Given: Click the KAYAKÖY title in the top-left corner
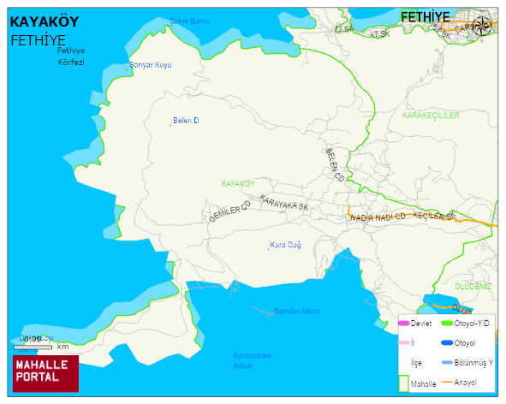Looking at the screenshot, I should click(49, 22).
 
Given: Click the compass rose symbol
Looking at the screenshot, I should click(482, 26).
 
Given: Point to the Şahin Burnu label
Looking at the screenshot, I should click(189, 21).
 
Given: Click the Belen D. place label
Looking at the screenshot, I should click(186, 121).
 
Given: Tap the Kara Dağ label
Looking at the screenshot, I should click(285, 245).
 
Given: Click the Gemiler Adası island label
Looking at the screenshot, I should click(296, 312).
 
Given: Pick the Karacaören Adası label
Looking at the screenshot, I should click(253, 360).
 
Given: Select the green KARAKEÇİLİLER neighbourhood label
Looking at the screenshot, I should click(431, 115).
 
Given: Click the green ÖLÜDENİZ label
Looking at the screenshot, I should click(473, 286).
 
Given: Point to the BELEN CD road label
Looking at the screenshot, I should click(334, 164).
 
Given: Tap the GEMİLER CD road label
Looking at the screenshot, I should click(229, 211).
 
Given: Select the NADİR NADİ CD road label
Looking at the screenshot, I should click(377, 218).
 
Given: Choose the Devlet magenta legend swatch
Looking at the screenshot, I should click(403, 323).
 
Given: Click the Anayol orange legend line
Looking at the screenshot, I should click(446, 382).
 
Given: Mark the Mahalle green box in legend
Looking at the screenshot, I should click(403, 383).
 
